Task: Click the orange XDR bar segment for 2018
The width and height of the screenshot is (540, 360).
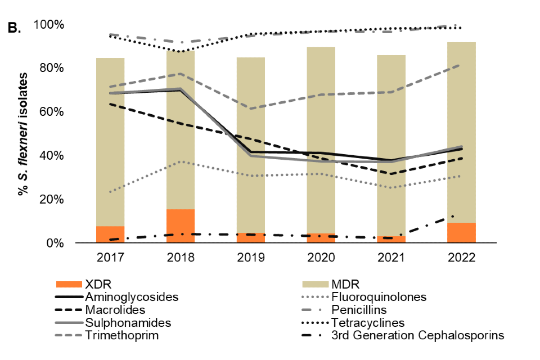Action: [181, 226]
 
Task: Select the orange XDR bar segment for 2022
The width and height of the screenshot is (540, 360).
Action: [461, 233]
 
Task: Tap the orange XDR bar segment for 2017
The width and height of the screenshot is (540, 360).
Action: [110, 235]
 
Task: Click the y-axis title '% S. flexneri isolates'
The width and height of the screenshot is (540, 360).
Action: [23, 133]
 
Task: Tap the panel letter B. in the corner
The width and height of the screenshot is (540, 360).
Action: [13, 28]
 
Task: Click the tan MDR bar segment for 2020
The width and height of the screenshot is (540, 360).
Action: [321, 141]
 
